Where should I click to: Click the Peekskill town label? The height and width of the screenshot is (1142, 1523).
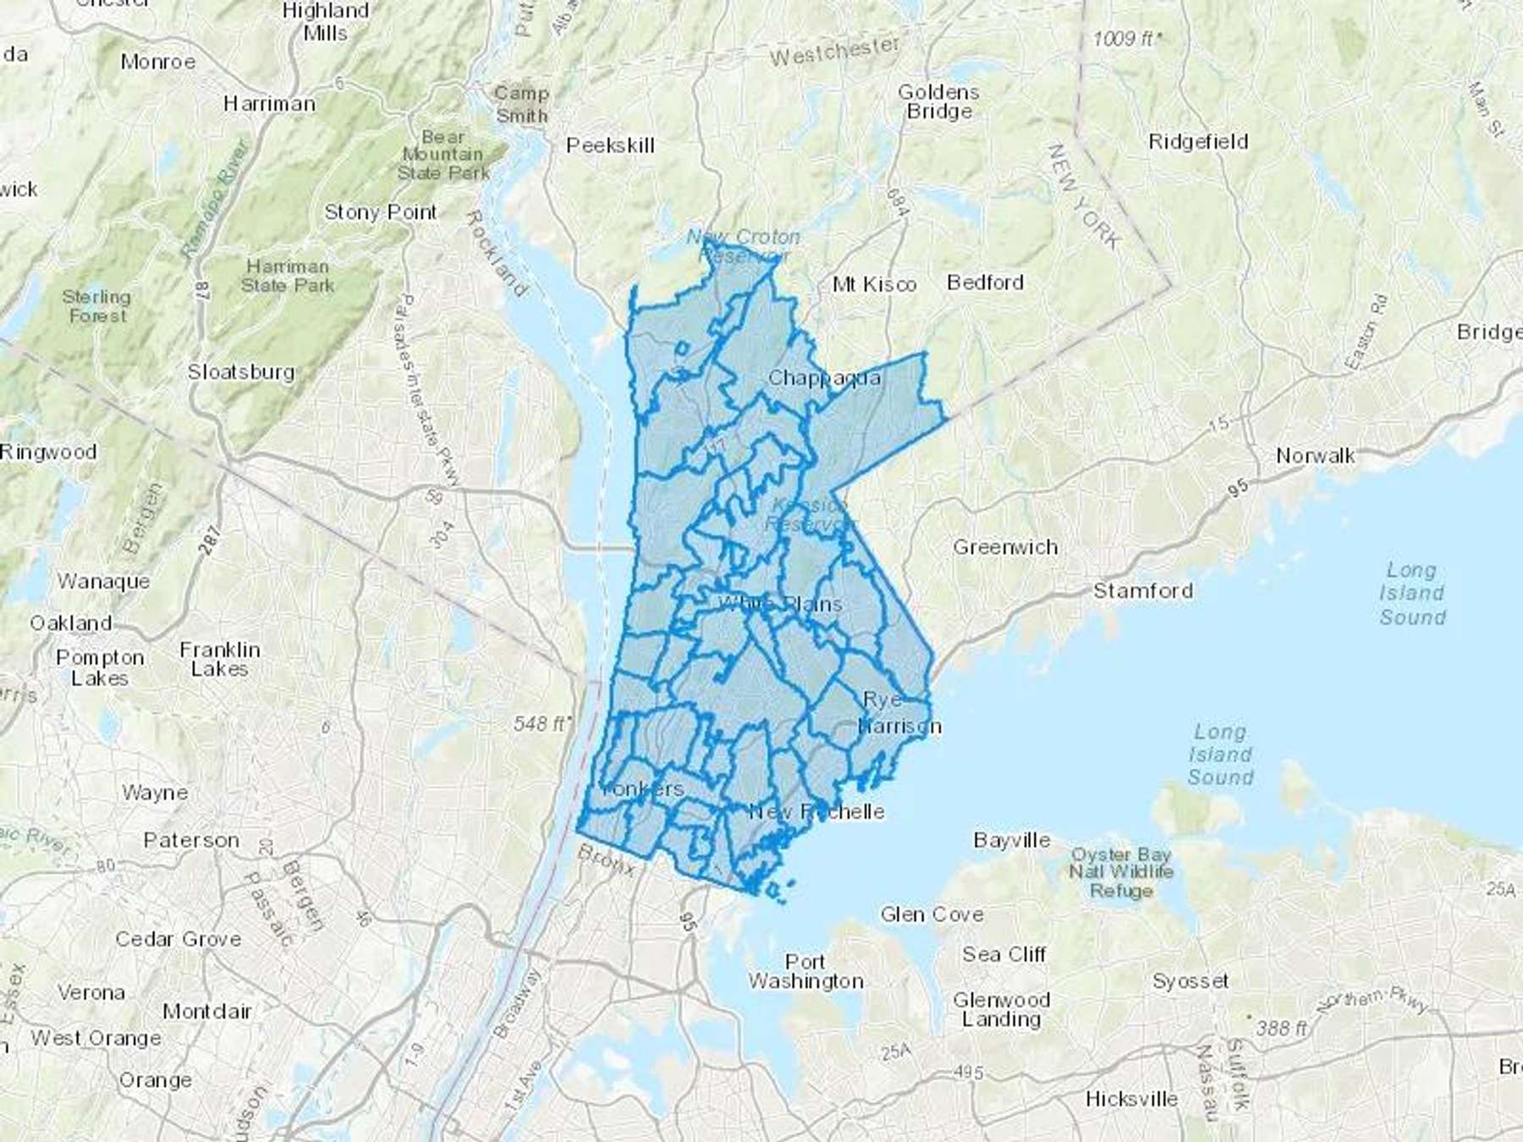click(610, 145)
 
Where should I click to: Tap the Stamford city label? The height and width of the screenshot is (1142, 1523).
click(1143, 590)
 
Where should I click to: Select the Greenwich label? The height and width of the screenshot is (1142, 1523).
click(1005, 547)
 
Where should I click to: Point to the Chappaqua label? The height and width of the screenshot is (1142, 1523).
click(823, 378)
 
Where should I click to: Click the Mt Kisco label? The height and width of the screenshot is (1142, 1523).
click(874, 284)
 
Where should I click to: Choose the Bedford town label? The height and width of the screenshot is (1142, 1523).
click(985, 282)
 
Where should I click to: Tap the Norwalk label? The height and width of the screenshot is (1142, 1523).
click(1315, 456)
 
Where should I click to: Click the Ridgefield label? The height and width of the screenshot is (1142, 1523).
click(1198, 141)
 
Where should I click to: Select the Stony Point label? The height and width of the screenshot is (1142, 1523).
click(381, 212)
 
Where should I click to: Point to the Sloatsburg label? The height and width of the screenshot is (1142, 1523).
click(241, 371)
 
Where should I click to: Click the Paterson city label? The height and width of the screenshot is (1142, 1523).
click(191, 840)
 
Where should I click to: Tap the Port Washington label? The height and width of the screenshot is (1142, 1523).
click(805, 971)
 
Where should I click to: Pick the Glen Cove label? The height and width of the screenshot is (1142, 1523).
click(932, 914)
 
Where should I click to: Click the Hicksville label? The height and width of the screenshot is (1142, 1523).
click(1131, 1099)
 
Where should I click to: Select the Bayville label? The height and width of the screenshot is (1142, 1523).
click(1012, 840)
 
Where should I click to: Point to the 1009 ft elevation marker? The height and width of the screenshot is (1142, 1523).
click(1126, 39)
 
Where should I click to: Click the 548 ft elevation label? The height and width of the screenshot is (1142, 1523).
click(541, 724)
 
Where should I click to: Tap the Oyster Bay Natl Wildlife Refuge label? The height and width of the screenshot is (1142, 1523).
click(1121, 872)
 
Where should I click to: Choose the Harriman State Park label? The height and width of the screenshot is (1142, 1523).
click(287, 276)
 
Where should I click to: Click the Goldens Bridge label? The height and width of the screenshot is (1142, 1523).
click(938, 102)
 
